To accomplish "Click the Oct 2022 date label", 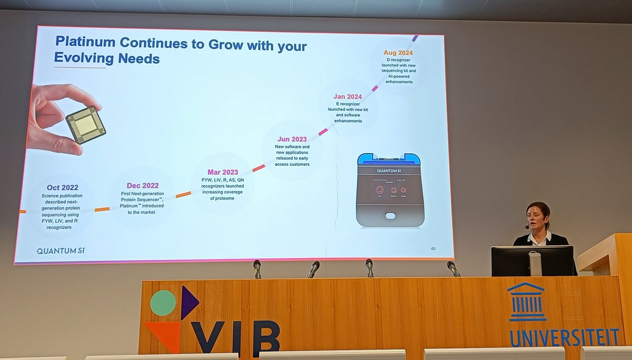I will click(62, 187).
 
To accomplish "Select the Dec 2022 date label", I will click(143, 185).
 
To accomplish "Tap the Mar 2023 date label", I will click(222, 172).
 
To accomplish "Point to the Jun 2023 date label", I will click(292, 139).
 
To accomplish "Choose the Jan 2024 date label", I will click(348, 96).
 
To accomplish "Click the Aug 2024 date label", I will click(398, 53).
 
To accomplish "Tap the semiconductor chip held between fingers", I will click(85, 125).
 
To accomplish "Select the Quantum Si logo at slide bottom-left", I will click(61, 251).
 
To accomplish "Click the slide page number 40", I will click(433, 248).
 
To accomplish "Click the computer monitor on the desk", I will click(532, 261).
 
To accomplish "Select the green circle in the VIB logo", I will click(163, 303).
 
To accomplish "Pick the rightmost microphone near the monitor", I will click(453, 268).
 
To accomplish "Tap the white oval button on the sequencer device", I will click(390, 216).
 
